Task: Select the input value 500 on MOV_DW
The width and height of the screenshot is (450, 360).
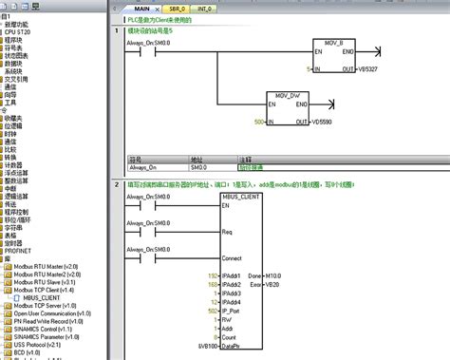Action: tap(258, 123)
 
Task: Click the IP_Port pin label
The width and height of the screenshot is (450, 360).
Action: tap(231, 310)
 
